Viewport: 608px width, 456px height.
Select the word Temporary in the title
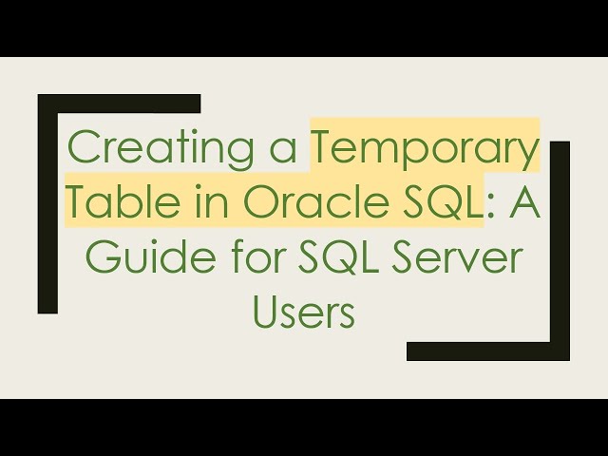(x=426, y=149)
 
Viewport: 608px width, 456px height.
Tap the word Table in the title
(x=114, y=202)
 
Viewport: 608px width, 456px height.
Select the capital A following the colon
(x=522, y=202)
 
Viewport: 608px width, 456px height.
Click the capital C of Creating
(x=85, y=149)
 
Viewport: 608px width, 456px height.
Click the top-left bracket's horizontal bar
(x=119, y=103)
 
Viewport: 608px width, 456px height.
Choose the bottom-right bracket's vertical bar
(x=560, y=247)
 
